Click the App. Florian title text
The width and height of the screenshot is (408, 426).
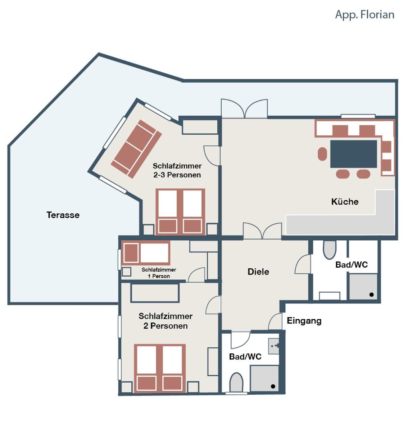pos(364,15)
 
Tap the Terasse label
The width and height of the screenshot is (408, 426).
pos(63,215)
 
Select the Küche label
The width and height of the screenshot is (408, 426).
pos(345,202)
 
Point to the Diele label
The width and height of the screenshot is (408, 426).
pos(258,272)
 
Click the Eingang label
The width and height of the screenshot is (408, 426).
pos(304,321)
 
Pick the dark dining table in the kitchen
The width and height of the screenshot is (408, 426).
pos(354,154)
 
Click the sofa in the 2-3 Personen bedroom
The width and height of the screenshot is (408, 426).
pos(136,149)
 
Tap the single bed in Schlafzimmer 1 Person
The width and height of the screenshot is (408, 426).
pos(146,253)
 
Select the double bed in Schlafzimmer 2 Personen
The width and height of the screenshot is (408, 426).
pos(160,368)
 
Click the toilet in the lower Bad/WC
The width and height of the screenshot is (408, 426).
pos(236,382)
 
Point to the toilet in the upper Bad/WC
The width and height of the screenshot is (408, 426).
pos(330,249)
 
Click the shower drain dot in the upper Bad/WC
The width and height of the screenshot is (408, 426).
pos(372,295)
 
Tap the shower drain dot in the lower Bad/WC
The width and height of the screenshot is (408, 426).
pos(273,386)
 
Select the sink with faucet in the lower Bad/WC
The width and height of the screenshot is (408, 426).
pos(274,346)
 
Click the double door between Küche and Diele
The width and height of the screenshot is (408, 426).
pos(262,231)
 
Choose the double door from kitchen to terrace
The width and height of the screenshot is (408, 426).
pos(244,108)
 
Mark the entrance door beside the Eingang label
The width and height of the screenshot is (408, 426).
pos(275,321)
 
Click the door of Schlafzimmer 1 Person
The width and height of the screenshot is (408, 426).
pos(196,275)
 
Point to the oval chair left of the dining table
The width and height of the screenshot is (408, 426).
pos(322,154)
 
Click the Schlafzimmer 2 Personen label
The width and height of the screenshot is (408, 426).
pos(166,321)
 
